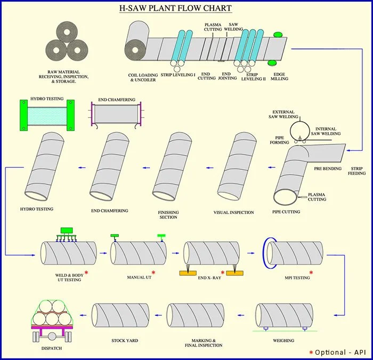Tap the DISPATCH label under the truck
[52, 348]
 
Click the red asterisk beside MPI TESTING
[311, 273]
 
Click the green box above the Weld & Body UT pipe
[67, 230]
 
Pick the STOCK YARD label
[125, 340]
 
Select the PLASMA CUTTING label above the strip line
[214, 27]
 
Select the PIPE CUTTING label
[287, 211]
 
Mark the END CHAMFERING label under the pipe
[109, 210]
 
